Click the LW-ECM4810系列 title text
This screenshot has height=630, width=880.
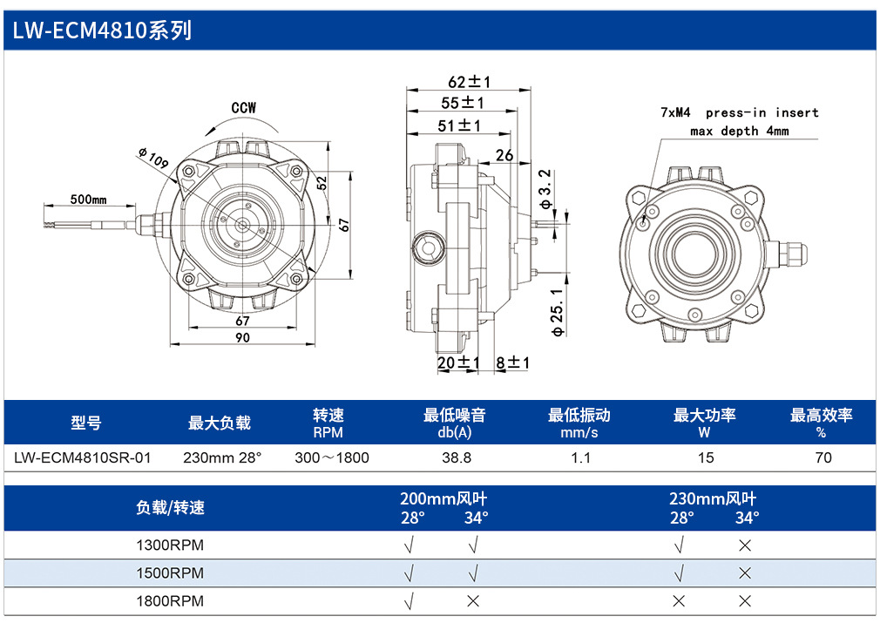(x=102, y=30)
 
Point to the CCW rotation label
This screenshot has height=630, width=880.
(x=244, y=108)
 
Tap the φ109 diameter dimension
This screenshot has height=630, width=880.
(x=153, y=158)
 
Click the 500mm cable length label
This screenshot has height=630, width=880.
(x=88, y=200)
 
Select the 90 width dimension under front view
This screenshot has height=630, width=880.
(x=242, y=337)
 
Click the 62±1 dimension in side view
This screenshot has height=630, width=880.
(x=469, y=82)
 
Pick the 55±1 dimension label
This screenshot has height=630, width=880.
(x=463, y=104)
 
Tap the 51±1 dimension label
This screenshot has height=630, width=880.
(x=459, y=125)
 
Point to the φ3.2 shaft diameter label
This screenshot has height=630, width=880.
(x=545, y=189)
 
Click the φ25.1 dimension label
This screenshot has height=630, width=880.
(x=557, y=312)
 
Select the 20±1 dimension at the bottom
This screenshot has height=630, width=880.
(x=458, y=362)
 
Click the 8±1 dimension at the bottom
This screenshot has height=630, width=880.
(x=512, y=362)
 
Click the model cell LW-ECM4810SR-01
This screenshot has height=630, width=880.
(x=83, y=457)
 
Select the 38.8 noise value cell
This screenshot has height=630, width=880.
(x=457, y=457)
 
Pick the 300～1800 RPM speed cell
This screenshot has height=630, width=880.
(x=332, y=457)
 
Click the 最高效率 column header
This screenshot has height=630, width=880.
(x=821, y=416)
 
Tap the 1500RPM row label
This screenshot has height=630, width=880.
(x=170, y=573)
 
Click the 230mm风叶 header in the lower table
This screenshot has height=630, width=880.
(x=713, y=498)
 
